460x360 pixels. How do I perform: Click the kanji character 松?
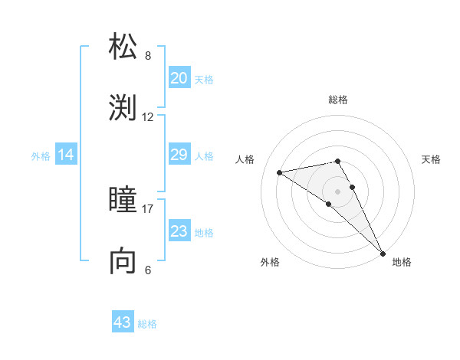124,47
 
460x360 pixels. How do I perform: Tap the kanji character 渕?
124,108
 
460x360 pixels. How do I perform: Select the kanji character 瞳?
124,201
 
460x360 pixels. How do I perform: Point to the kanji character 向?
124,261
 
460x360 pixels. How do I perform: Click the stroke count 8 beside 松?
148,56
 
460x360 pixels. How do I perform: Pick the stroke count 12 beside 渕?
148,117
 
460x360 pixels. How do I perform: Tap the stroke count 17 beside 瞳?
148,208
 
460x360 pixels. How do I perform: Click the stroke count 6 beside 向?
148,270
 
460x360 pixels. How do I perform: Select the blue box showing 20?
179,78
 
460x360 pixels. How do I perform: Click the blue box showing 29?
179,155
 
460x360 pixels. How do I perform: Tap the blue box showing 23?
179,231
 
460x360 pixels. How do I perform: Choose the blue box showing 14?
66,155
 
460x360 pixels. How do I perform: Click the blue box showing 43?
123,322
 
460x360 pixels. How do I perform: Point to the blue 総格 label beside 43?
147,324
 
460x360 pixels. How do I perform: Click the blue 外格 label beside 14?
41,156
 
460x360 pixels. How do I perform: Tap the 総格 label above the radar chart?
337,100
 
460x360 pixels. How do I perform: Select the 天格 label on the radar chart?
431,159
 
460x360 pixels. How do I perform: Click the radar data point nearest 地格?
382,252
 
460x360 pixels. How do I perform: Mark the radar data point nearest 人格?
280,172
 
